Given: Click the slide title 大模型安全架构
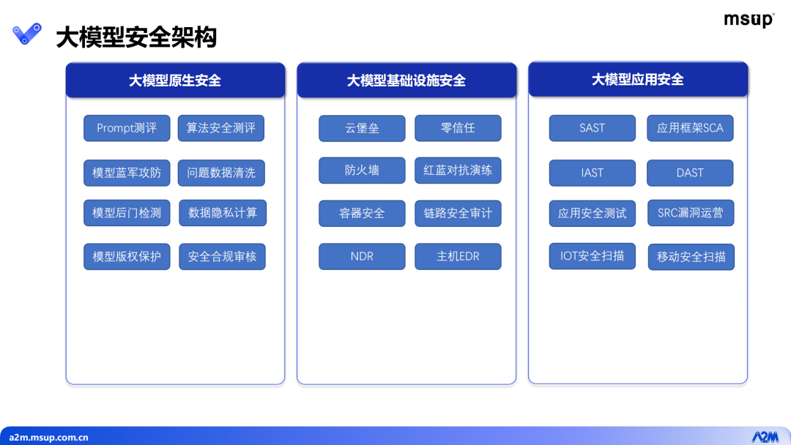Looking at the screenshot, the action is (136, 37).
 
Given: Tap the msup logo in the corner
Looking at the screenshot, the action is (749, 20).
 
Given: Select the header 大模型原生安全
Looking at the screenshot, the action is (175, 80).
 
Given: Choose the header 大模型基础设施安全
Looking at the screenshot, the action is (406, 80).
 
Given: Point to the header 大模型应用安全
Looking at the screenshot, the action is (638, 79).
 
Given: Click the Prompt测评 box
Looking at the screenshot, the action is (127, 128).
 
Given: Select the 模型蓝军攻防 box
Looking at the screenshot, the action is (127, 173).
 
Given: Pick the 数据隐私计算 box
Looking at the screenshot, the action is (223, 213).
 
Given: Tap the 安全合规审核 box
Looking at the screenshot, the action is (222, 256).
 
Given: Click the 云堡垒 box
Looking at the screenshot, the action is (362, 128).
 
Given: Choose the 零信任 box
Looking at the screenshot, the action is (458, 128).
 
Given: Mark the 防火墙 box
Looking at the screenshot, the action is (362, 171).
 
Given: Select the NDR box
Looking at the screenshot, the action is (362, 256).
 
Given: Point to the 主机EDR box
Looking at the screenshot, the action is (458, 256).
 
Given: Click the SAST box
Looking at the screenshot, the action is (593, 128).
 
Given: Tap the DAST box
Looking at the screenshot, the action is (690, 173).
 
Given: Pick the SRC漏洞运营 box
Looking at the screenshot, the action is (691, 213).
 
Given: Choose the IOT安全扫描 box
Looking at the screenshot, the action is (593, 256).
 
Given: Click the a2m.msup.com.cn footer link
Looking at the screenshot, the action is (48, 438).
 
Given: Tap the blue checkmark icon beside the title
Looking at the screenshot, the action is (27, 34).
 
